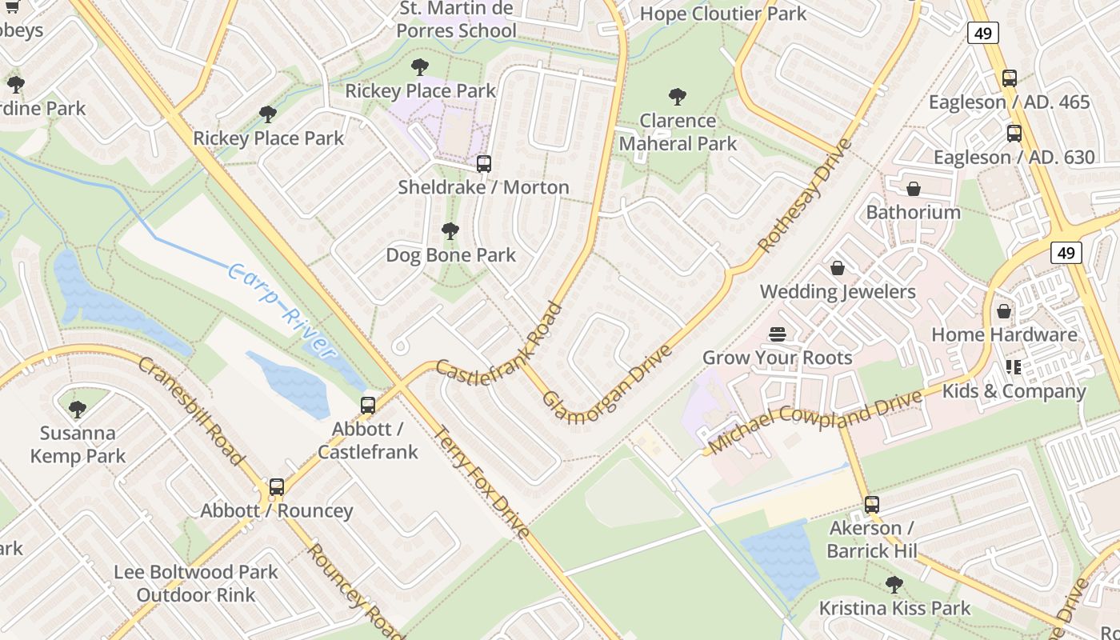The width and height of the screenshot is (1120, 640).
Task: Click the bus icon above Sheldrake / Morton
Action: click(x=483, y=164)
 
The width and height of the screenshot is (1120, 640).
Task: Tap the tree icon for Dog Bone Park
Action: click(x=450, y=232)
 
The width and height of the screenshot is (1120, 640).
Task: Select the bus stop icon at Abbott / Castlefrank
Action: click(x=368, y=406)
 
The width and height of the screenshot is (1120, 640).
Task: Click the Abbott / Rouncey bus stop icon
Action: click(x=277, y=487)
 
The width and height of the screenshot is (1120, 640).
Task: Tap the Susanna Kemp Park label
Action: click(x=78, y=445)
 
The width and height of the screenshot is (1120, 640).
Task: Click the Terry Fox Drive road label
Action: click(x=481, y=482)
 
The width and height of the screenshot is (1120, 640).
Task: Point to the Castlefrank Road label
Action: click(x=500, y=342)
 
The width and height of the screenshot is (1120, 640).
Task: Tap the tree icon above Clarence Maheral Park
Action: click(x=678, y=98)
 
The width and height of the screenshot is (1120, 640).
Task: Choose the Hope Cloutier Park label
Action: click(x=723, y=14)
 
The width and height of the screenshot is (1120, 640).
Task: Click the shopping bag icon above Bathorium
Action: click(x=914, y=189)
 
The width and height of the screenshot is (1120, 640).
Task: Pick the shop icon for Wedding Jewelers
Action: click(x=838, y=268)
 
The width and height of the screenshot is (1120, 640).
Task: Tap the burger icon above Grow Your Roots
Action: click(x=777, y=334)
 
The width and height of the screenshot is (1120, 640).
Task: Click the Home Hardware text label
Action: click(x=1004, y=334)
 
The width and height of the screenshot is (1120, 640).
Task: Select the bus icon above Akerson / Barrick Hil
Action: click(x=871, y=505)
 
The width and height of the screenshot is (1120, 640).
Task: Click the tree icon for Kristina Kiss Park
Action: click(x=894, y=585)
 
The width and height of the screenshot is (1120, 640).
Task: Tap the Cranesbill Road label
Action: click(x=190, y=411)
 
